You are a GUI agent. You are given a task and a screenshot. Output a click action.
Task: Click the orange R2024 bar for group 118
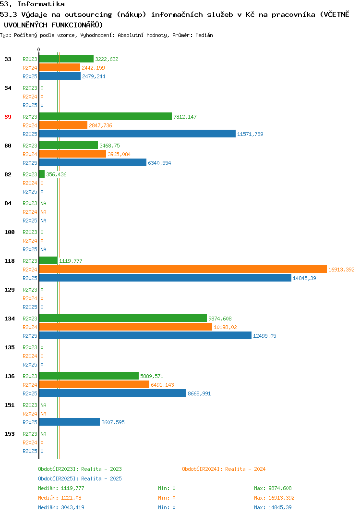(x=183, y=269)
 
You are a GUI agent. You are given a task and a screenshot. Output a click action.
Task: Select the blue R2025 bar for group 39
(x=137, y=134)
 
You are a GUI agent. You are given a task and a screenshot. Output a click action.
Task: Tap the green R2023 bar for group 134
(x=123, y=318)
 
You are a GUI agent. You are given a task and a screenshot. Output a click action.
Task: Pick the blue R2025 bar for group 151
(x=70, y=422)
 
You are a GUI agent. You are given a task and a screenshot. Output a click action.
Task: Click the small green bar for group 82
(x=42, y=174)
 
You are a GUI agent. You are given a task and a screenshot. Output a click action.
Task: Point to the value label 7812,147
(x=185, y=117)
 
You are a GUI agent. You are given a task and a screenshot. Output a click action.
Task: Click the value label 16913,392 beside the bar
(x=341, y=270)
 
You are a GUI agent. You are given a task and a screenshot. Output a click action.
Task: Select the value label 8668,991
(x=199, y=393)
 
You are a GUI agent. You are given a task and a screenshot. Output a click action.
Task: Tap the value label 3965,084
(x=119, y=154)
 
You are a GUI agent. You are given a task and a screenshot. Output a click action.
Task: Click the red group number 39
(x=8, y=117)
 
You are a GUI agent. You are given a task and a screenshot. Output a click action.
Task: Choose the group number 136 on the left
(x=10, y=376)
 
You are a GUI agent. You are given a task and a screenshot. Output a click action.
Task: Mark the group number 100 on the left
(x=10, y=232)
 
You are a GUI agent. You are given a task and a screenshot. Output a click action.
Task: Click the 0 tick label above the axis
(x=38, y=49)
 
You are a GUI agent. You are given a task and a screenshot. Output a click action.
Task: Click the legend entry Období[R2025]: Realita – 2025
(x=80, y=479)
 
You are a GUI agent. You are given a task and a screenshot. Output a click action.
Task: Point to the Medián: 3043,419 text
(x=61, y=507)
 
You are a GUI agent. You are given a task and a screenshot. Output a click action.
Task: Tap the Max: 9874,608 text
(x=273, y=488)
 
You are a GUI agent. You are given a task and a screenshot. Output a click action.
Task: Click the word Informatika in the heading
(x=41, y=4)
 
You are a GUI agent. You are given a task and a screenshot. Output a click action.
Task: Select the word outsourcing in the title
(x=88, y=14)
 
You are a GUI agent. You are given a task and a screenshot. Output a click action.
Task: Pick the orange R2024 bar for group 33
(x=60, y=67)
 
